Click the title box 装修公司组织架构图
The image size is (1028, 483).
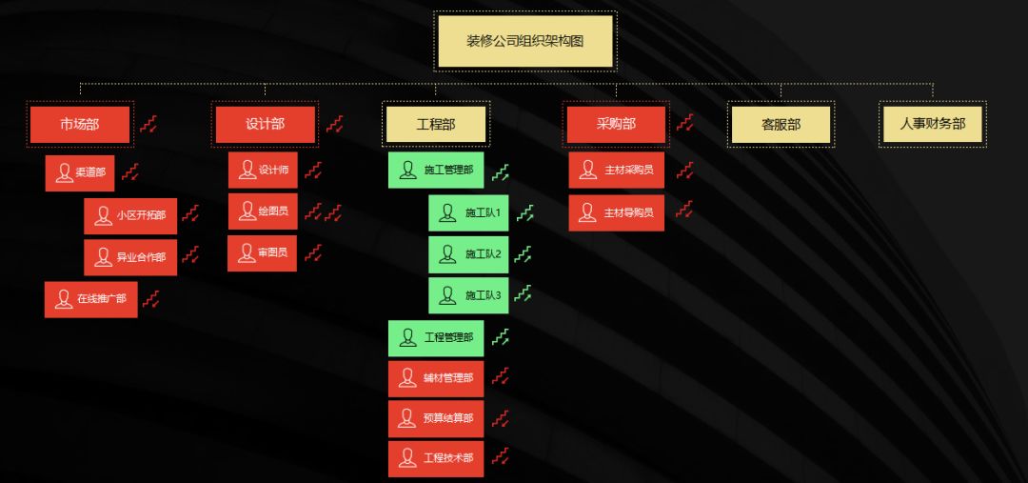click(x=524, y=41)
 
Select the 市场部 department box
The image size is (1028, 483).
click(x=80, y=124)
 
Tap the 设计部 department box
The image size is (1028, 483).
click(x=265, y=124)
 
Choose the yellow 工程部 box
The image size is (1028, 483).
click(x=436, y=124)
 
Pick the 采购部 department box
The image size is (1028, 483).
click(x=616, y=124)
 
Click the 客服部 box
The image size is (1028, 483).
click(x=781, y=124)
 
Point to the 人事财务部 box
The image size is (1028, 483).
click(x=932, y=124)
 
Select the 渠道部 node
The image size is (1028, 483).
click(x=80, y=173)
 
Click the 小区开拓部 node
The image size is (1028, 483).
click(x=130, y=215)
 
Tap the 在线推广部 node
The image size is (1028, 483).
click(x=91, y=299)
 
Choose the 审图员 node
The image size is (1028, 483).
click(x=262, y=253)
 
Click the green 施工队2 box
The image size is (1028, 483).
click(x=468, y=254)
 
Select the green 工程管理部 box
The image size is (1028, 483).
click(x=436, y=337)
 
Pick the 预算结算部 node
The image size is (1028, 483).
click(x=436, y=418)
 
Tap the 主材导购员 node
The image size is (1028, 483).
click(x=617, y=212)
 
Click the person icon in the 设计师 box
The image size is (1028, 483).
click(x=247, y=171)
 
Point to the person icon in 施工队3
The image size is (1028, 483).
click(x=447, y=296)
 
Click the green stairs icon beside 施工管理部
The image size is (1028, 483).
click(x=502, y=172)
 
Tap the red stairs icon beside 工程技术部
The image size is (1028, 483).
click(x=501, y=459)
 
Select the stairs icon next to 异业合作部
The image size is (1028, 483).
click(x=190, y=255)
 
